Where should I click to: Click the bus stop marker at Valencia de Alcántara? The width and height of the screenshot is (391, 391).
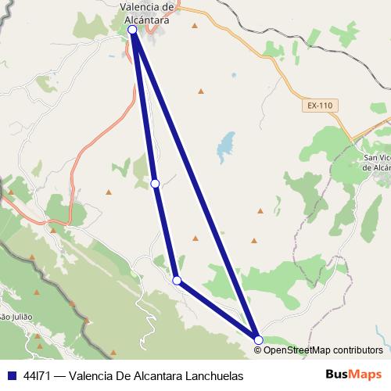click(132, 30)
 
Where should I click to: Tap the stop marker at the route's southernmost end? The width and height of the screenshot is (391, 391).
click(258, 339)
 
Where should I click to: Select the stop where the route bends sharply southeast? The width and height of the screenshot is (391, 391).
click(178, 280)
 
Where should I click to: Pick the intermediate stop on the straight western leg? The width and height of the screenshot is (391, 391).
click(155, 183)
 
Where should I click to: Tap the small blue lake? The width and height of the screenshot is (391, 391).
click(226, 145)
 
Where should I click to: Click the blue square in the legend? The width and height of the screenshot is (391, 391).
click(11, 376)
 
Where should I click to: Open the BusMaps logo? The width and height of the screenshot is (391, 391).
click(353, 375)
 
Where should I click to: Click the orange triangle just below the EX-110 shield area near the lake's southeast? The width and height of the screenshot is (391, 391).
click(260, 210)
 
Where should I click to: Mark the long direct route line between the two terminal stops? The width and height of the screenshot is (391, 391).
click(195, 185)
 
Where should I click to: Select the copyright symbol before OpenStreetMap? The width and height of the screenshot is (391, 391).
click(257, 350)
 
